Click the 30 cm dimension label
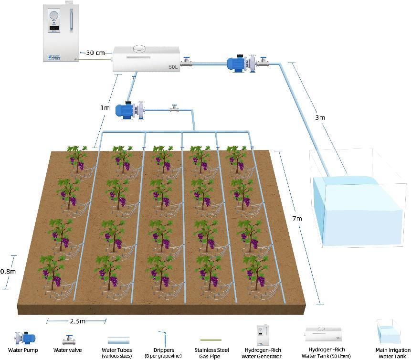(95, 53)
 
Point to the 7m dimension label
(297, 218)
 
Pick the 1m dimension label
(105, 107)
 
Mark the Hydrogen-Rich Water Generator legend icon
(261, 336)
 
